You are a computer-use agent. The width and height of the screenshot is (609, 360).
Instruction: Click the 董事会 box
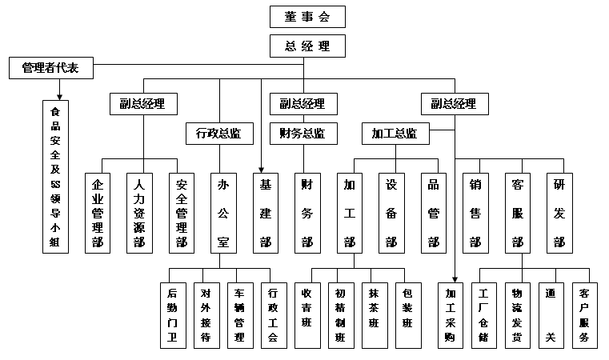pyautogui.click(x=307, y=16)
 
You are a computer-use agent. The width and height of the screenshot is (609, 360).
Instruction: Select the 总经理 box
pyautogui.click(x=307, y=46)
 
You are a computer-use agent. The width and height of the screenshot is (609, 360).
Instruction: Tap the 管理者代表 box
pyautogui.click(x=50, y=69)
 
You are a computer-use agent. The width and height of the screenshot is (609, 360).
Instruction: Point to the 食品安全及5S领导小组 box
pyautogui.click(x=55, y=176)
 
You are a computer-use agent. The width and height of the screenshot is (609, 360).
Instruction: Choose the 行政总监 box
pyautogui.click(x=218, y=134)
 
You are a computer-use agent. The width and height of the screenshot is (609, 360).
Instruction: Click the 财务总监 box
pyautogui.click(x=302, y=134)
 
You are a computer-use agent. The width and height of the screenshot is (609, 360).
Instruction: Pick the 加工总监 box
pyautogui.click(x=395, y=134)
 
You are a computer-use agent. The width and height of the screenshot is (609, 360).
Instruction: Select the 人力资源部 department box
pyautogui.click(x=139, y=213)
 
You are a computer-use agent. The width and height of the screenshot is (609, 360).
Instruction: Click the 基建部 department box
pyautogui.click(x=266, y=213)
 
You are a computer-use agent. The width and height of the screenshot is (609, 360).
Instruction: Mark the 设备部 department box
pyautogui.click(x=391, y=213)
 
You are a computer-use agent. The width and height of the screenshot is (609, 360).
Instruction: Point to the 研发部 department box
pyautogui.click(x=559, y=213)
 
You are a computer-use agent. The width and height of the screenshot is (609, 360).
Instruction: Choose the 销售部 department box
pyautogui.click(x=475, y=213)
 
